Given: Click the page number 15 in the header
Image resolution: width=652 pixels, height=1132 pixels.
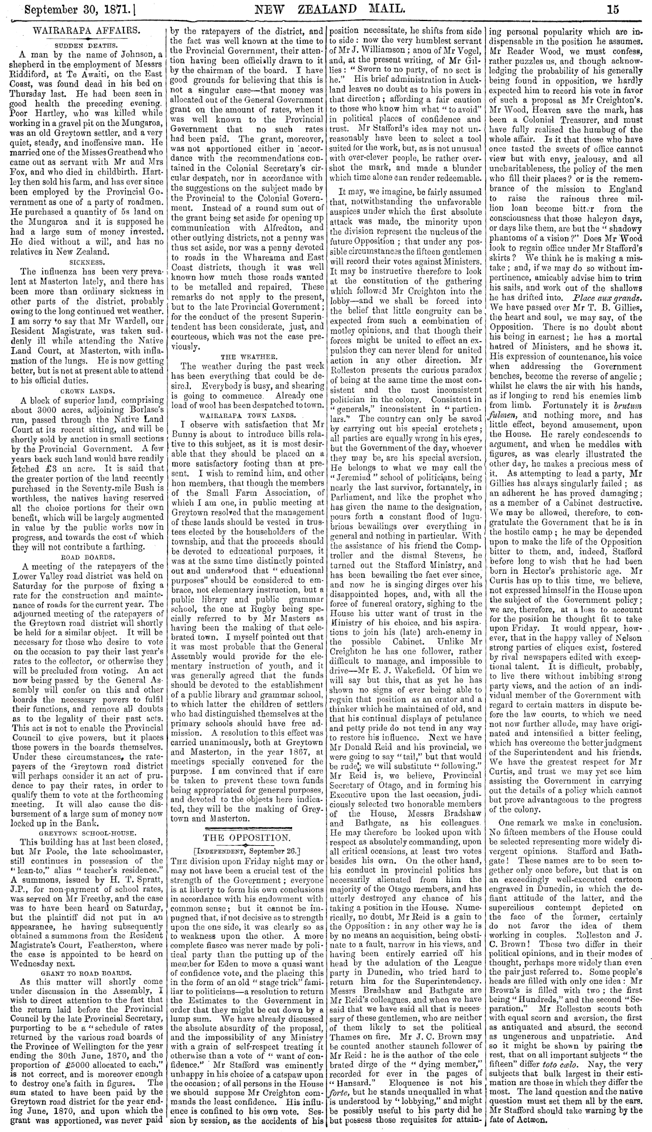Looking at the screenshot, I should point(635,8).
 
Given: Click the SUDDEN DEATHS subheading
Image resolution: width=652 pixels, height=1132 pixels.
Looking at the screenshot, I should point(85,43).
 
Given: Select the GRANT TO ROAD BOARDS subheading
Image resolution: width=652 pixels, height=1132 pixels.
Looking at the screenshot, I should point(85,970).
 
